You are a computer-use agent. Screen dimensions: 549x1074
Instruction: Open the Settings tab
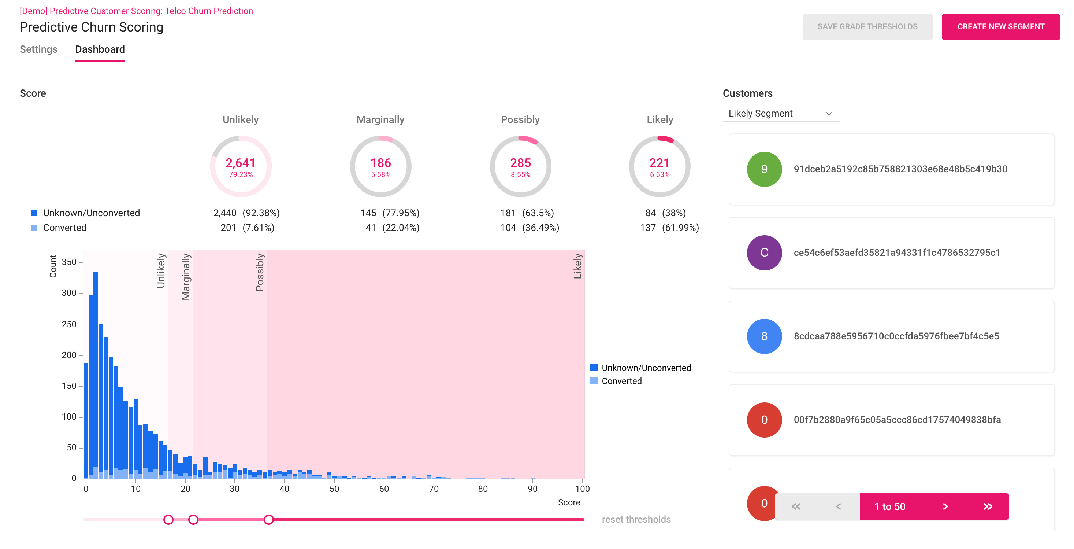pos(38,49)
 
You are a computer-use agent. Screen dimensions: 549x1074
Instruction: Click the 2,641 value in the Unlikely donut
pos(240,163)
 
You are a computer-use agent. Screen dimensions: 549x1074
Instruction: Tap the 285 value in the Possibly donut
pos(520,163)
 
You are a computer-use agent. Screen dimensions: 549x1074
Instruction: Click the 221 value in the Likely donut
pos(659,163)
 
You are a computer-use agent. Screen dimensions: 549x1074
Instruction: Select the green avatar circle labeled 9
pos(764,169)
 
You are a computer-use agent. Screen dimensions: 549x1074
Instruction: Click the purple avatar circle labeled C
pos(764,253)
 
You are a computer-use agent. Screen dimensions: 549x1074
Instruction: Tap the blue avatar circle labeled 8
pos(764,336)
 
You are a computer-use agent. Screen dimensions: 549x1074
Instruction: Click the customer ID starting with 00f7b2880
pos(897,420)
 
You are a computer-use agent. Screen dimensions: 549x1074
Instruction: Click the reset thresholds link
pos(636,519)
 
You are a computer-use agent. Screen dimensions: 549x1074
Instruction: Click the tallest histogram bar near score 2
pos(96,375)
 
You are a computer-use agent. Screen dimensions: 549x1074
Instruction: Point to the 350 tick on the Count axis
pos(69,262)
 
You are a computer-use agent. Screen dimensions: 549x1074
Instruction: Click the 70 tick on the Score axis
pos(434,489)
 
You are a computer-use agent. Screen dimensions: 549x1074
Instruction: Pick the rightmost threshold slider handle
pos(268,519)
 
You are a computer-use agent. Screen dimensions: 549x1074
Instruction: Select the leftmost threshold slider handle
pos(168,519)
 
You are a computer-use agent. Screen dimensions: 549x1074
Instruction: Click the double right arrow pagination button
pos(987,506)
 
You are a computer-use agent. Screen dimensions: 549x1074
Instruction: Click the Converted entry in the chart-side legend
pos(621,381)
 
